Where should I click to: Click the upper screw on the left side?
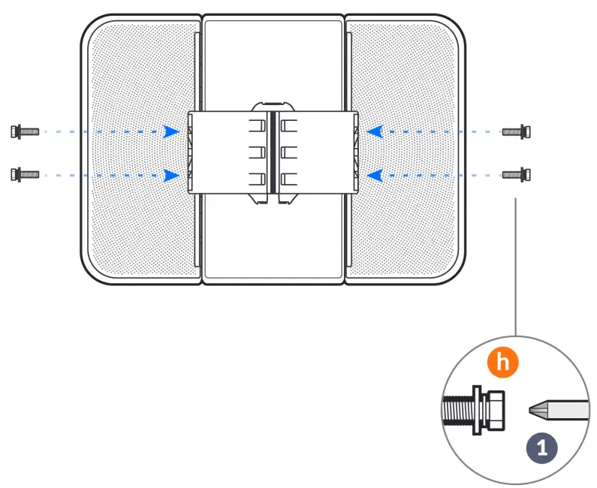(x=24, y=131)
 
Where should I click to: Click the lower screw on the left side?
(x=24, y=175)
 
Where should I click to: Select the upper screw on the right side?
(x=517, y=131)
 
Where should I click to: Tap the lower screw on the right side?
(x=517, y=175)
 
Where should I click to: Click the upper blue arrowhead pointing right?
(x=172, y=131)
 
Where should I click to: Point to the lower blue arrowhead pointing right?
(x=172, y=175)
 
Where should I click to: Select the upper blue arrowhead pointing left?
(x=375, y=131)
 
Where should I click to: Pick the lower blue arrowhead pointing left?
(x=375, y=175)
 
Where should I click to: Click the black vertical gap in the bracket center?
(x=273, y=155)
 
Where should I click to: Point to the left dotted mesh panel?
(x=139, y=225)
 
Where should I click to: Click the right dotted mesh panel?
(x=406, y=225)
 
